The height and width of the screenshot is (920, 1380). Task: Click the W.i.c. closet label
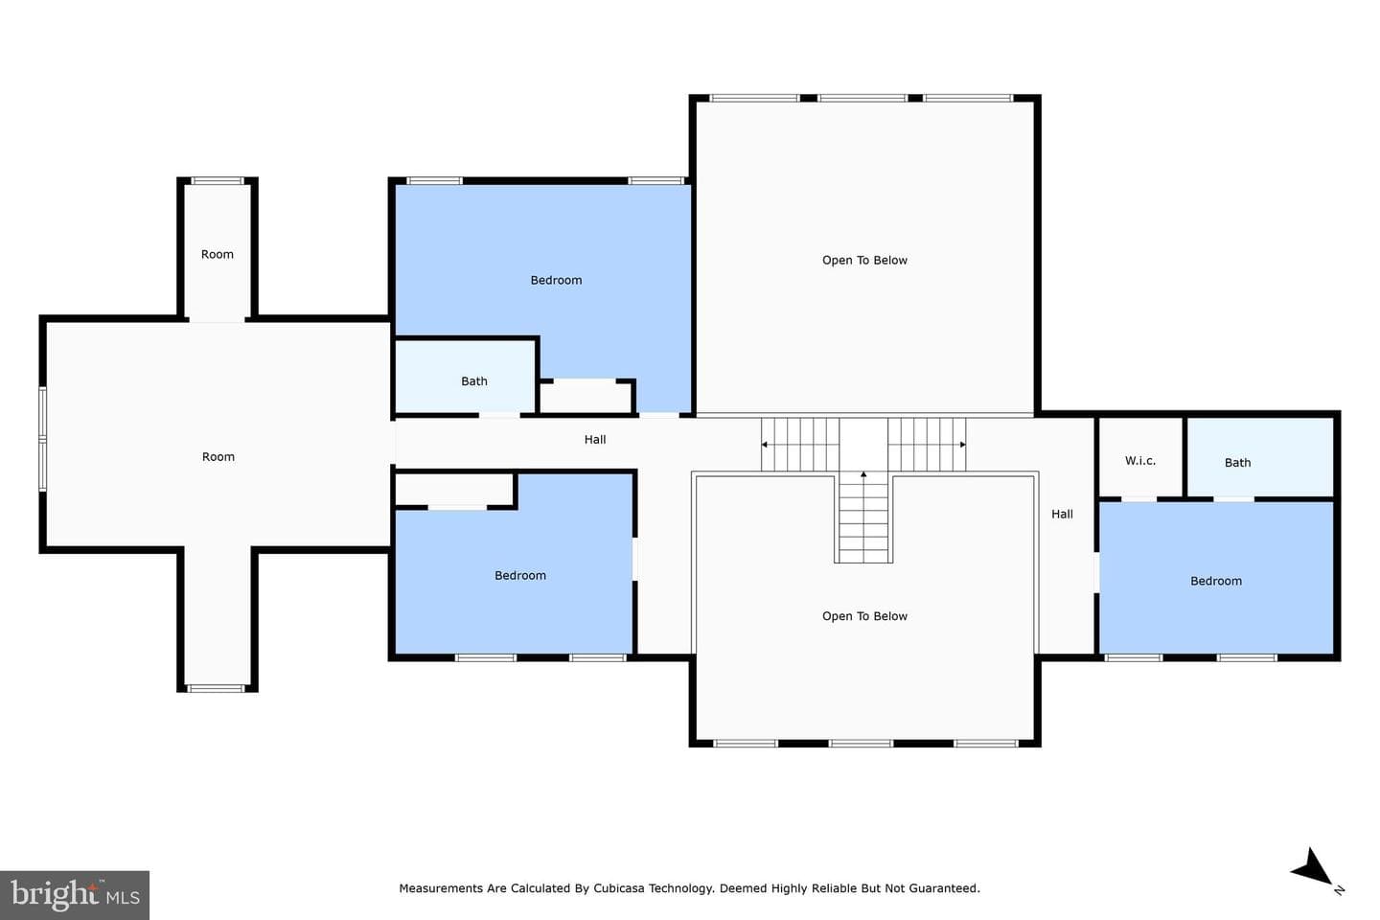pos(1139,460)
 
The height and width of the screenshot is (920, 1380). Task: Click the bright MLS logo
pos(75,895)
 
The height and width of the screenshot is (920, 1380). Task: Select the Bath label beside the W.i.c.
pos(1237,463)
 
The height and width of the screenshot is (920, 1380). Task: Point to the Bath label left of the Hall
pos(473,381)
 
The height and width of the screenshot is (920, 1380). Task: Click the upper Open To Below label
pos(864,260)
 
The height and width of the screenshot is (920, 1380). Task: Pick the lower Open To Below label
pos(864,616)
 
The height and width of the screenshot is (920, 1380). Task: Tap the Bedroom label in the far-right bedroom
pos(1215,581)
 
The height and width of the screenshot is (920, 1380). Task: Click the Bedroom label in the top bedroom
pos(556,281)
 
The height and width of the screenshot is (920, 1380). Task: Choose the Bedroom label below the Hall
pos(520,576)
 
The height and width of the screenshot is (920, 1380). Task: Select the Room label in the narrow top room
pos(217,255)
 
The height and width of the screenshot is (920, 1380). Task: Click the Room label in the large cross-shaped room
pos(218,456)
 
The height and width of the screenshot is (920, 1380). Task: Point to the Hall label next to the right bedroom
pos(1062,514)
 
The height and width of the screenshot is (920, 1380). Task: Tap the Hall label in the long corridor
pos(594,439)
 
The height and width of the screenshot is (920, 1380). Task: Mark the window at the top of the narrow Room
pos(217,180)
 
